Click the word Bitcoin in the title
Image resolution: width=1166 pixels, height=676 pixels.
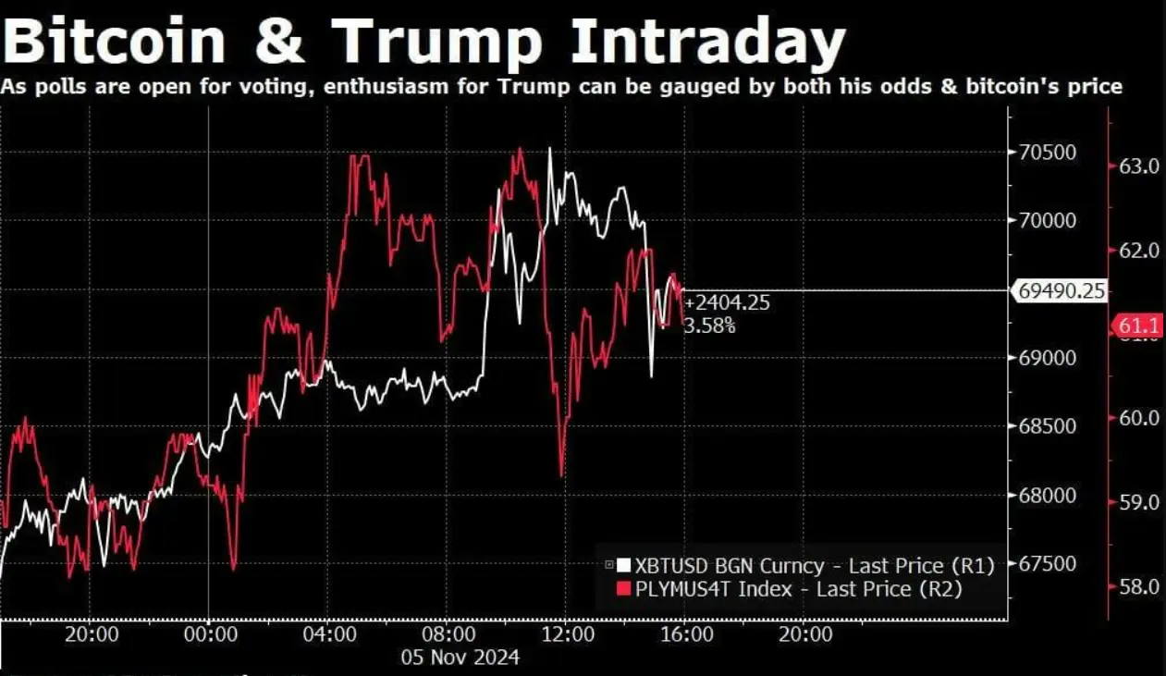(x=116, y=42)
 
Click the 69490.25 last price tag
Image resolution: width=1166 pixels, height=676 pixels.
(x=1061, y=291)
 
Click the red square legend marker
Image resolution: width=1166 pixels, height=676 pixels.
(x=622, y=588)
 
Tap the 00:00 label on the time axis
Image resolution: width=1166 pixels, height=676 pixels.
(x=209, y=635)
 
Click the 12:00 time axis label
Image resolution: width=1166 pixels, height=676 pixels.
(x=568, y=635)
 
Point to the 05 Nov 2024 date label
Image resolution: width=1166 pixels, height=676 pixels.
(x=460, y=658)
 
